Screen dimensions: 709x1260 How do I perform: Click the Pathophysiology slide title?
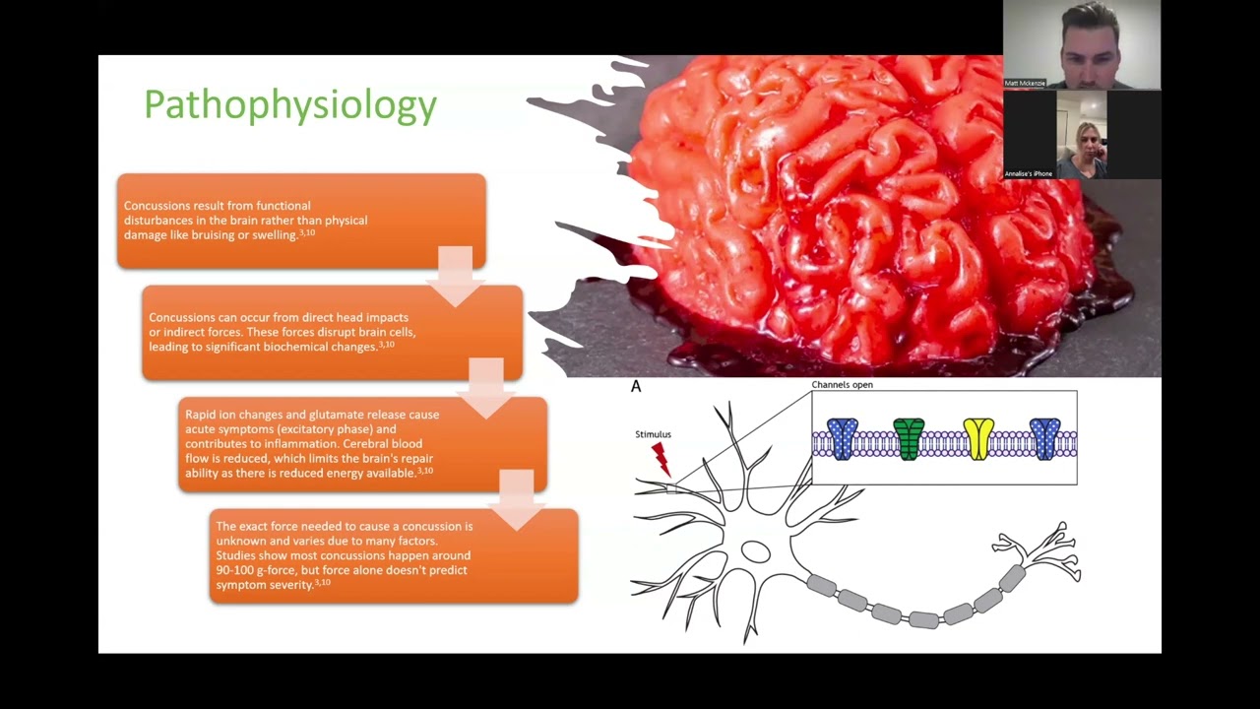click(290, 105)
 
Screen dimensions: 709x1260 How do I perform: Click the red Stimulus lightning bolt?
click(661, 457)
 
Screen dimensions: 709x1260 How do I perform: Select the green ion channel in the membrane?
click(909, 439)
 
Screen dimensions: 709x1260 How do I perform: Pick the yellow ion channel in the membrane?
click(978, 439)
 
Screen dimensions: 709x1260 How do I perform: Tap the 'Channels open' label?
click(842, 385)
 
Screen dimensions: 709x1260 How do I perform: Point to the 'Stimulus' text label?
click(653, 434)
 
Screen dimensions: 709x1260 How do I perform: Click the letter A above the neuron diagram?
click(636, 386)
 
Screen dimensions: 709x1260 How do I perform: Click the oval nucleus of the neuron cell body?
click(755, 551)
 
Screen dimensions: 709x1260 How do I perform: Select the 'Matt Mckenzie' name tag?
click(1025, 84)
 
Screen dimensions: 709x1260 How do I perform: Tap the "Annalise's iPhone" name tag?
click(1029, 174)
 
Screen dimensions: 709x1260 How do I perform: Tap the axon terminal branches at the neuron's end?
click(1043, 551)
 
